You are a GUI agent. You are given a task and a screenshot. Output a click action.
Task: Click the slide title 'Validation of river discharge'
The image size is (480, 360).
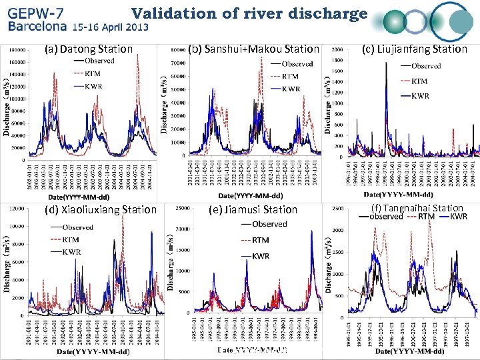click(x=249, y=13)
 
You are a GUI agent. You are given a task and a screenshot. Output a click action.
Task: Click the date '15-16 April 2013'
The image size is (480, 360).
click(x=111, y=28)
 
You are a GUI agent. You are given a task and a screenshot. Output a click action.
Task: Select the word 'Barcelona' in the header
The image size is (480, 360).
click(x=37, y=27)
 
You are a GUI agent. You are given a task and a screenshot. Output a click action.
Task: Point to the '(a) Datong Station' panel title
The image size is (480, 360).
click(x=89, y=49)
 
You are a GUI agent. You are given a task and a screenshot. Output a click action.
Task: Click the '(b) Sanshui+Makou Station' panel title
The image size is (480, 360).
click(x=254, y=49)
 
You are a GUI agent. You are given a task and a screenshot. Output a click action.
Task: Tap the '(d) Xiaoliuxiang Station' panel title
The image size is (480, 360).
click(x=99, y=210)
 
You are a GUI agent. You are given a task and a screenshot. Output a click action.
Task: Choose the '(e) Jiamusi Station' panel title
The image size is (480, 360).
click(x=253, y=210)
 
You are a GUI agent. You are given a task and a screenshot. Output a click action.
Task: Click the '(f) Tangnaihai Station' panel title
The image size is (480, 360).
click(x=416, y=208)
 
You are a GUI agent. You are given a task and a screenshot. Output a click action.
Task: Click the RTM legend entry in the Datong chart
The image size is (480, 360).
click(x=93, y=73)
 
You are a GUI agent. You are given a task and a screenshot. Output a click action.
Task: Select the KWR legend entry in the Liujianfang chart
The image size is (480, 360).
click(x=420, y=96)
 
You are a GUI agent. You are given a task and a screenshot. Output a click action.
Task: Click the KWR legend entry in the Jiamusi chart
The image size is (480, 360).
click(x=261, y=256)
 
